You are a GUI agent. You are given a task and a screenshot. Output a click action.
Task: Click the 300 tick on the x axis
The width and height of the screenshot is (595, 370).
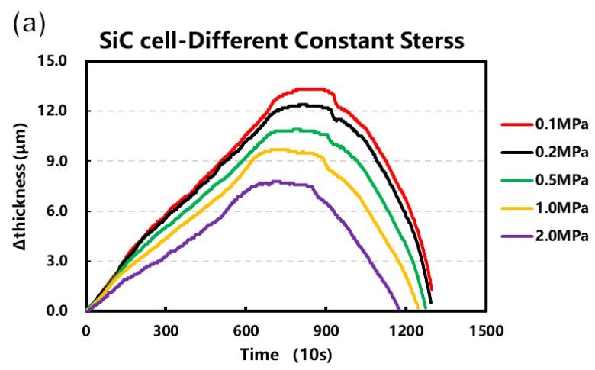[x=166, y=330]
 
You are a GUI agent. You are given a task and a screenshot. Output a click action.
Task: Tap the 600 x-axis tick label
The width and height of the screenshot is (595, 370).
[x=246, y=330]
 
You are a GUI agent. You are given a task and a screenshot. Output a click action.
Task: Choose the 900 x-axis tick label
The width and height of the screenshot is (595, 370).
[x=326, y=330]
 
